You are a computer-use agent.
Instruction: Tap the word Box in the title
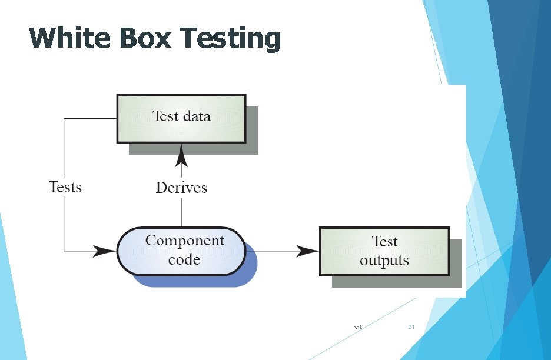click(x=145, y=38)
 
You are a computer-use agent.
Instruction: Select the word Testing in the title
click(x=231, y=38)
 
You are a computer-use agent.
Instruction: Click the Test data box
click(x=181, y=118)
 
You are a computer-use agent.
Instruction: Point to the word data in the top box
click(x=196, y=116)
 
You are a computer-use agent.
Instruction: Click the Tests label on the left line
click(x=65, y=187)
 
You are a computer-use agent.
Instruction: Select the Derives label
click(x=181, y=188)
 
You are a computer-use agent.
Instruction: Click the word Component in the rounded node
click(x=184, y=241)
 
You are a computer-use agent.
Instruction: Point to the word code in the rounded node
click(x=184, y=259)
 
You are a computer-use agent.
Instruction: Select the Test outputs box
click(x=384, y=251)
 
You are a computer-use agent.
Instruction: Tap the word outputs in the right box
click(x=384, y=260)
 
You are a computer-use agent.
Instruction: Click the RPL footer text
click(x=357, y=326)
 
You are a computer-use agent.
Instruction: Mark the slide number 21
click(x=411, y=326)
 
